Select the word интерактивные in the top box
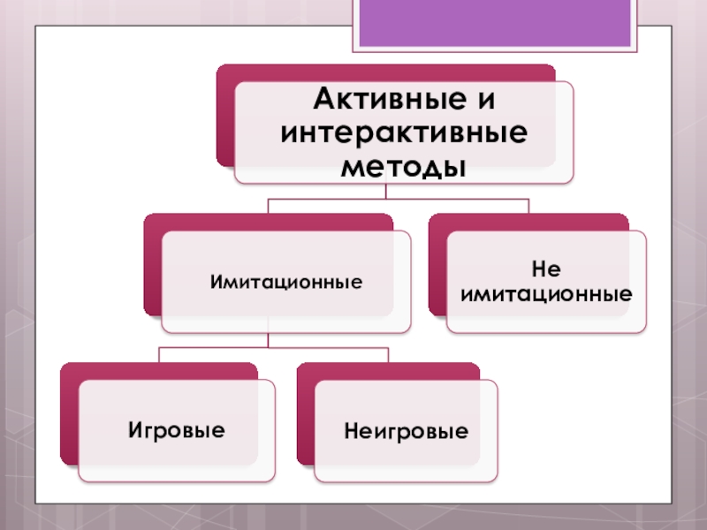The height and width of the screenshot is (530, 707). (403, 133)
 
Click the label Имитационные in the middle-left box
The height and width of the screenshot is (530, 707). (286, 283)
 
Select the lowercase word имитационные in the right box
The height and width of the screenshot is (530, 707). (546, 291)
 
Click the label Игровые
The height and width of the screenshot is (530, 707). (177, 430)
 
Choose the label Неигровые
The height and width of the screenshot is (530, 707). (406, 432)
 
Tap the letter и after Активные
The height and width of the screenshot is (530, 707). (486, 102)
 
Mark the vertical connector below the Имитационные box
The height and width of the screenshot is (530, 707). (268, 340)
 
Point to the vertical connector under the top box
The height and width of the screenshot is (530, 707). (403, 192)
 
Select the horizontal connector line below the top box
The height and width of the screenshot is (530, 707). (398, 200)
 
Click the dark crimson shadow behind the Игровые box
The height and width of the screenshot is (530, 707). (68, 415)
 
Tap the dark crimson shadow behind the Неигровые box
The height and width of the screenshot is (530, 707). (305, 415)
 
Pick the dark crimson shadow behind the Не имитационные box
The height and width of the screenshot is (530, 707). (437, 265)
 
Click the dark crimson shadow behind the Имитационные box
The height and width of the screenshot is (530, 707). (152, 265)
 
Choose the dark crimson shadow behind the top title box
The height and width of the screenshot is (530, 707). (224, 115)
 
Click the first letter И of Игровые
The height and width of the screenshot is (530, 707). (135, 430)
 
